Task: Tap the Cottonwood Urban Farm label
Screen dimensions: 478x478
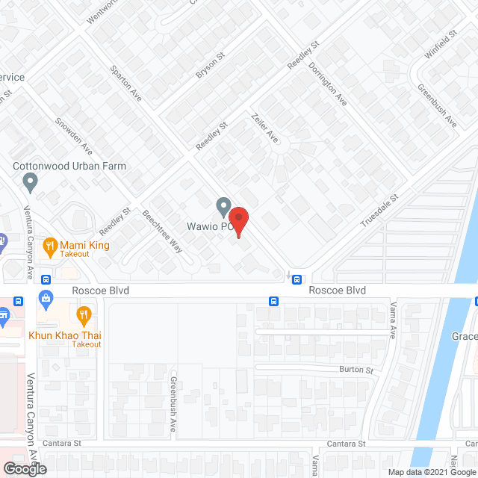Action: coord(69,166)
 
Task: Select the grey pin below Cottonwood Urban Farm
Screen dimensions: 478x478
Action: coord(31,181)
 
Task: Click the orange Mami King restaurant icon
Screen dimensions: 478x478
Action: coord(50,245)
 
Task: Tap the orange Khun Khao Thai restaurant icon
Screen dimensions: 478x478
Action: coord(84,314)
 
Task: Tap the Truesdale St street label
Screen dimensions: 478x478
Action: coord(380,211)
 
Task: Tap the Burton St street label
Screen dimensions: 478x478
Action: coord(356,370)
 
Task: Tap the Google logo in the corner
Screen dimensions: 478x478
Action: coord(24,468)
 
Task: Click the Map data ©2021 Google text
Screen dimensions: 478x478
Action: coord(430,472)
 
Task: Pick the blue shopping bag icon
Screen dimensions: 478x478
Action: coord(46,301)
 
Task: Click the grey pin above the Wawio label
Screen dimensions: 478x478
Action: coord(223,205)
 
